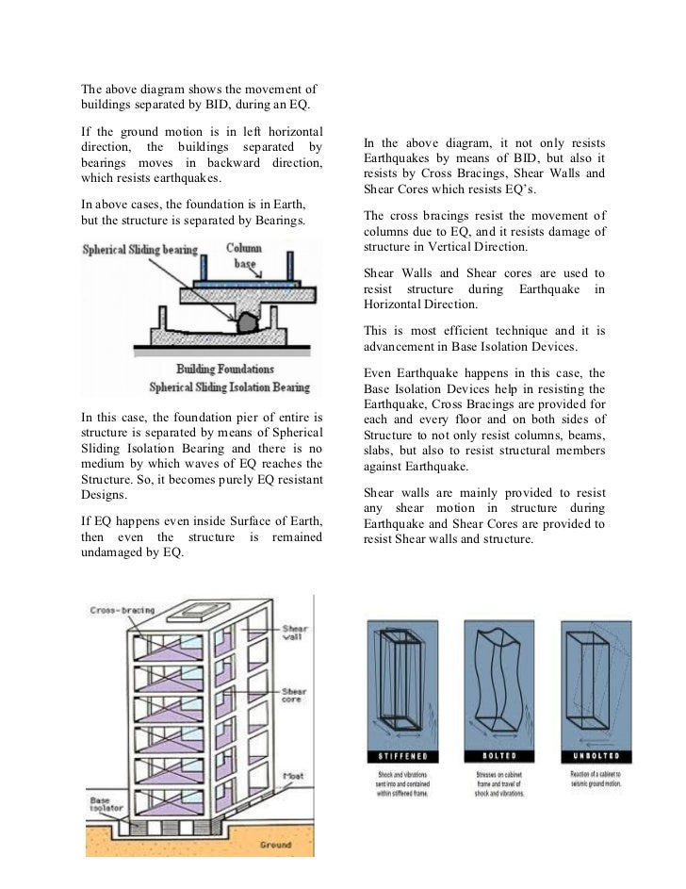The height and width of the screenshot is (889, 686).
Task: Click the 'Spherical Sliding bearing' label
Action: [x=140, y=250]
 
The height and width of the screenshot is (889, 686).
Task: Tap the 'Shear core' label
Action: [x=294, y=697]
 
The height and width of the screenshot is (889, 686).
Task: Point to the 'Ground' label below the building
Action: [x=275, y=845]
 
